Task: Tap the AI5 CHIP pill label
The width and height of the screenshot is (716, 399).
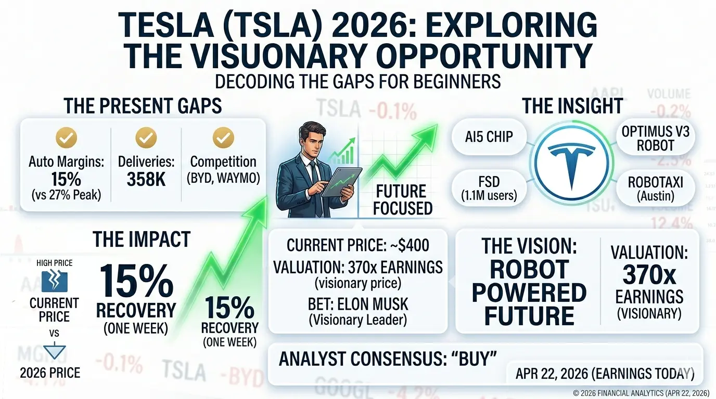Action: [x=489, y=137]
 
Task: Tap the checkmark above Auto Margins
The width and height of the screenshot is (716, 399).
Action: [x=66, y=138]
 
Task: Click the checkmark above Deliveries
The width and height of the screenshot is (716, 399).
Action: [x=146, y=138]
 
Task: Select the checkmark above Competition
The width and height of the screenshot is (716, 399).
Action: [x=224, y=138]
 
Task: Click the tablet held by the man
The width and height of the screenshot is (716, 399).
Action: [x=339, y=182]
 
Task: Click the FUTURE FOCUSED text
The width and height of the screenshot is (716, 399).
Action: [x=402, y=199]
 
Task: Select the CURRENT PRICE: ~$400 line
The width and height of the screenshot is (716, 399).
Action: [x=358, y=245]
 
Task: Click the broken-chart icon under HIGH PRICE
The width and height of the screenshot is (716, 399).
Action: [x=51, y=281]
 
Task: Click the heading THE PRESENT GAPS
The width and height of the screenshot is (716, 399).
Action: [x=143, y=107]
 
